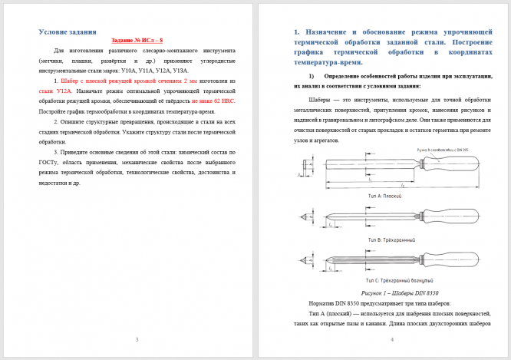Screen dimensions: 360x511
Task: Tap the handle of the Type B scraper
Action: (445, 218)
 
